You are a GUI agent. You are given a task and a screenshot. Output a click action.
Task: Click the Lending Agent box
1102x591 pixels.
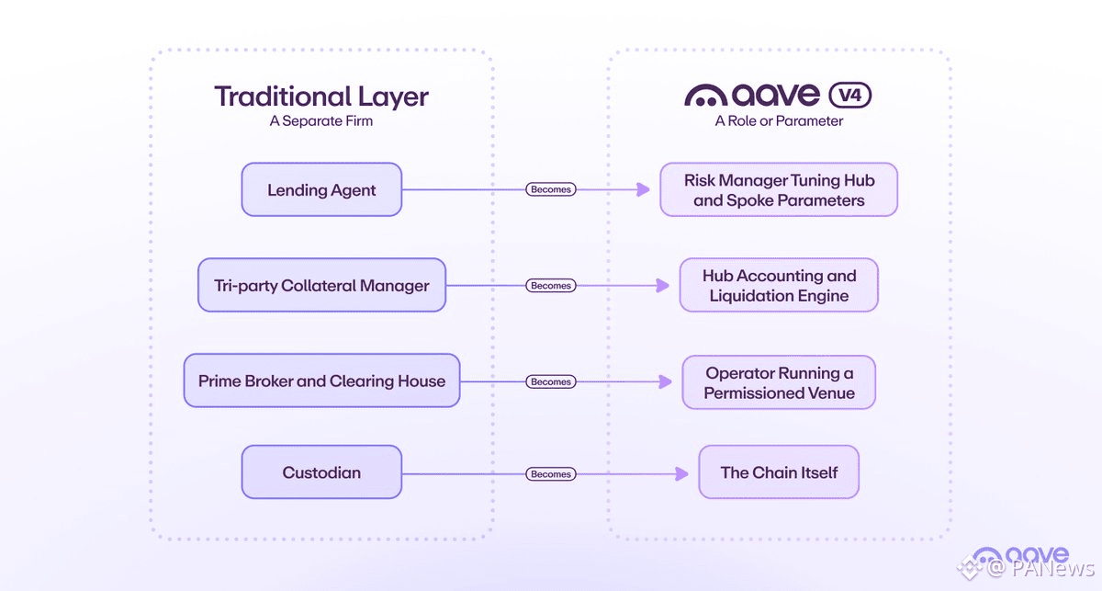[x=321, y=189]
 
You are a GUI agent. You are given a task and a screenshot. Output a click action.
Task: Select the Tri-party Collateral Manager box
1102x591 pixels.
[x=321, y=285]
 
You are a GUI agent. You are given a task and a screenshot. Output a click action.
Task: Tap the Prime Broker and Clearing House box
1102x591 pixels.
[x=321, y=381]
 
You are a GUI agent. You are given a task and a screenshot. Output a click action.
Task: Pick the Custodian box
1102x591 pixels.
[x=321, y=472]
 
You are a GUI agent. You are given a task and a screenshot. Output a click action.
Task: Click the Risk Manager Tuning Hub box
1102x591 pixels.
[x=779, y=189]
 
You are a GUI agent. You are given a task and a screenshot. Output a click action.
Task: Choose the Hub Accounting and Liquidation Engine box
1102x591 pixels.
[x=779, y=285]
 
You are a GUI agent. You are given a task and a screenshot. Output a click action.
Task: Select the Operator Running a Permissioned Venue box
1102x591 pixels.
[x=779, y=382]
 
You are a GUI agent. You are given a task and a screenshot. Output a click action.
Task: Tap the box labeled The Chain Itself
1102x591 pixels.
[x=779, y=472]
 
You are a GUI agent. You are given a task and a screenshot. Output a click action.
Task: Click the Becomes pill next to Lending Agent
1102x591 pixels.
[x=550, y=189]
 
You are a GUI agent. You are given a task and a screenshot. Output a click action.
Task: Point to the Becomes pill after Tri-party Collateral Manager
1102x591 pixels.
[x=550, y=286]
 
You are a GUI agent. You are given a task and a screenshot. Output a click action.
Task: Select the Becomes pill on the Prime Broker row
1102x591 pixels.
[x=550, y=381]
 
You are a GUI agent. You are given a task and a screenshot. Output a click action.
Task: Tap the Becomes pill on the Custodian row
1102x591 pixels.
[x=550, y=474]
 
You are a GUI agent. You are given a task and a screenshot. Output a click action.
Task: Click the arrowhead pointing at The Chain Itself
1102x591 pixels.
[x=681, y=474]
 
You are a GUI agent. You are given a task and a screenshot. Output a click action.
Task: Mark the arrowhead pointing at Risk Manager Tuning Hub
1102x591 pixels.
[x=643, y=189]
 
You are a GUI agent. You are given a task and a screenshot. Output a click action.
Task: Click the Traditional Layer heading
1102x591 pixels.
[x=321, y=97]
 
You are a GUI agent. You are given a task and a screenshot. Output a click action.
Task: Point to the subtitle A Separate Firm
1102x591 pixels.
[x=321, y=121]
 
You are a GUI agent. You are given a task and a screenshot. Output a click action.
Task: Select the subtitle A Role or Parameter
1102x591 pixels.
[x=779, y=121]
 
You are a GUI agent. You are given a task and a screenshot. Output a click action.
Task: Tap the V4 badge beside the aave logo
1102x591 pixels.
[x=850, y=95]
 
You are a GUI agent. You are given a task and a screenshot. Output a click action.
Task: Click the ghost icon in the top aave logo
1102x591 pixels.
[x=706, y=96]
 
